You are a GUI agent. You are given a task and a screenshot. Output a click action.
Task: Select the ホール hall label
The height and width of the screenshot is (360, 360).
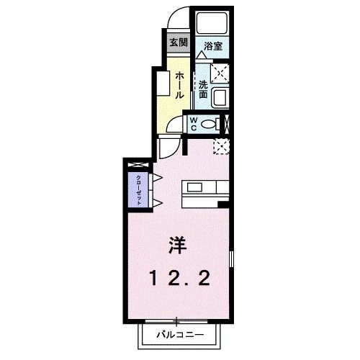[179, 85]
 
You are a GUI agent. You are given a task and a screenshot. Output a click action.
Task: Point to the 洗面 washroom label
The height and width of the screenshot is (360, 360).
[203, 88]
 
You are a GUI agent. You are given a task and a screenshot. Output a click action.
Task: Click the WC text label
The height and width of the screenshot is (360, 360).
[194, 124]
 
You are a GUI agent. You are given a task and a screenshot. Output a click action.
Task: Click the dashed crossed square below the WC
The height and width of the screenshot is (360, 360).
[222, 145]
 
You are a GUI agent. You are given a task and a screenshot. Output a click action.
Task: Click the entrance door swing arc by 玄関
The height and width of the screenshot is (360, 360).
[178, 20]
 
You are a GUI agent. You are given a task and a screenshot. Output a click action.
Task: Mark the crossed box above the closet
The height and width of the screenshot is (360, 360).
[136, 169]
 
